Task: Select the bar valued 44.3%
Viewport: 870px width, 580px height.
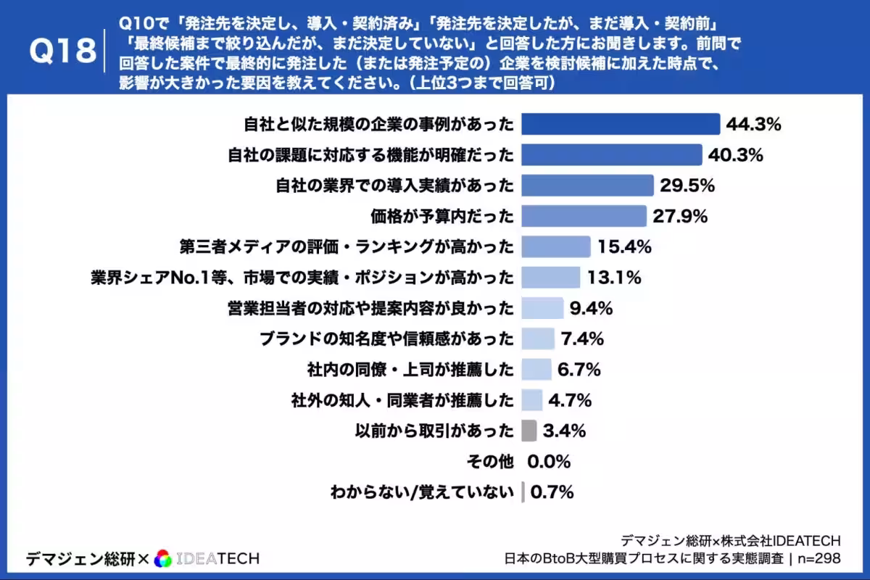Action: click(x=621, y=124)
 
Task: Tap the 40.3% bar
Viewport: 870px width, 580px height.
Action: click(x=612, y=154)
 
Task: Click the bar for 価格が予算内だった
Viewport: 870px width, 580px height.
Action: click(x=584, y=216)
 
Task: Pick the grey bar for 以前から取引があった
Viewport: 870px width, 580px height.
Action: click(x=529, y=431)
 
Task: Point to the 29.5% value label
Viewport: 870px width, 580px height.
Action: click(x=687, y=186)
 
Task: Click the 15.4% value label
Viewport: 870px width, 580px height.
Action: click(x=624, y=246)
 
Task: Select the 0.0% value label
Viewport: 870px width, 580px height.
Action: click(x=550, y=462)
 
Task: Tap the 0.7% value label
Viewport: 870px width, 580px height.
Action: click(x=552, y=492)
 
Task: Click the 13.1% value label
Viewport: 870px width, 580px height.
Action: click(x=613, y=278)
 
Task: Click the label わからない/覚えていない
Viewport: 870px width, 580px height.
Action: click(x=422, y=492)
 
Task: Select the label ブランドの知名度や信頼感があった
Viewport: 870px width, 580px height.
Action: click(x=386, y=339)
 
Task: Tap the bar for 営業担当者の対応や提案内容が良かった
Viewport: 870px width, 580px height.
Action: click(x=542, y=308)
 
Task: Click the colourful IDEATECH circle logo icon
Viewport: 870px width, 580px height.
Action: click(x=163, y=558)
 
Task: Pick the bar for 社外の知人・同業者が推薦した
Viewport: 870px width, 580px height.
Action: click(x=532, y=400)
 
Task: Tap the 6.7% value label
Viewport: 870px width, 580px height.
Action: click(x=579, y=370)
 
